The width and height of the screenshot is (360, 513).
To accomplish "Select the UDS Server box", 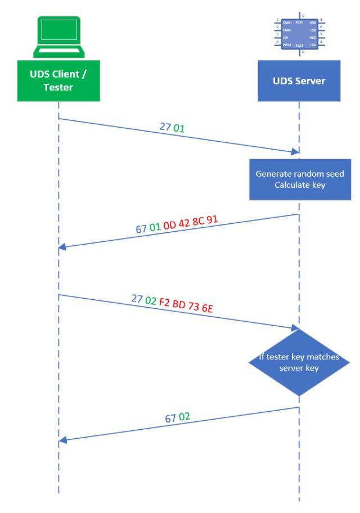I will coord(299,80).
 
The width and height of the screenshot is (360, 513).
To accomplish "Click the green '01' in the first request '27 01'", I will coord(179,129).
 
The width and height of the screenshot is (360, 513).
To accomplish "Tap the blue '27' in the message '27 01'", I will coord(165,127).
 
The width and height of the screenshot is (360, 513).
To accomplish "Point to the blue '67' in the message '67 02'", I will coord(171,419).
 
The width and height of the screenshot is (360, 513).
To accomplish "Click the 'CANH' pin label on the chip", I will coord(286,22).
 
